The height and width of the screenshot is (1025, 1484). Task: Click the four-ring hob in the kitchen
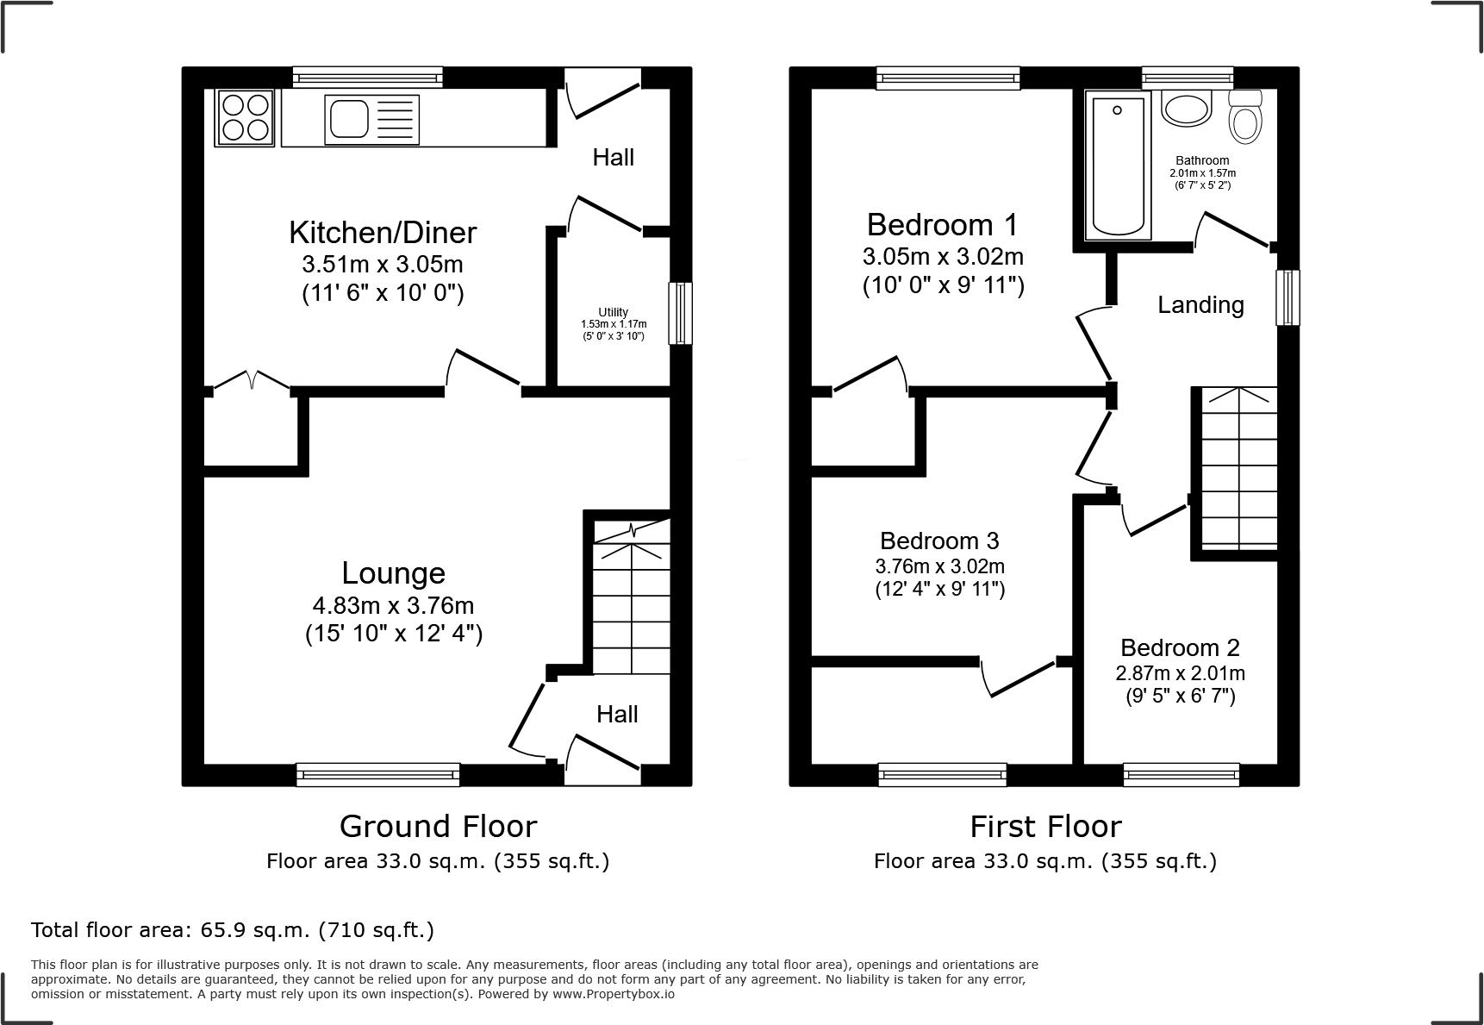(245, 118)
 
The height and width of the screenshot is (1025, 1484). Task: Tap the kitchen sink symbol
(371, 119)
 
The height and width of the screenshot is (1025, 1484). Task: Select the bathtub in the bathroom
(1118, 166)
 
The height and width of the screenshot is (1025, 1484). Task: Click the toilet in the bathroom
(1244, 116)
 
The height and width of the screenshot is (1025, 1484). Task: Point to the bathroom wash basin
(1187, 109)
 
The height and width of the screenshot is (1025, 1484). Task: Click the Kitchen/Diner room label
(383, 233)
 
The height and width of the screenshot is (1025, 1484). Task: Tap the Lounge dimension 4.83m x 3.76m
(394, 606)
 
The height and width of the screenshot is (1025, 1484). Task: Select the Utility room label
(614, 312)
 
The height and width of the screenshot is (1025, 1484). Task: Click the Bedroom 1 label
(942, 225)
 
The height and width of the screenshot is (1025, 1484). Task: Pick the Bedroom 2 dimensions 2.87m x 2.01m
(1180, 673)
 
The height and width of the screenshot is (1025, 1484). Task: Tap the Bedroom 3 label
(939, 541)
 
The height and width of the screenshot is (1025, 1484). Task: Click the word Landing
(1200, 305)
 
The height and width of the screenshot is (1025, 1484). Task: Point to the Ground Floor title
(438, 826)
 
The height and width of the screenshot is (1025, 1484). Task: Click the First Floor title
(1045, 826)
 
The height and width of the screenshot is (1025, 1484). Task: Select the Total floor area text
(233, 930)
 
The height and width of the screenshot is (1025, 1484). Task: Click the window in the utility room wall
(680, 313)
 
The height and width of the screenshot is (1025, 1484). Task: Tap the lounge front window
(377, 774)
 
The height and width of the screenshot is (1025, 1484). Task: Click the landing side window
(1287, 297)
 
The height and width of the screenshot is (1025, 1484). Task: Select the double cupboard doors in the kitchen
(251, 381)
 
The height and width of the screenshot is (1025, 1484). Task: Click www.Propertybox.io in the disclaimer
(613, 994)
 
